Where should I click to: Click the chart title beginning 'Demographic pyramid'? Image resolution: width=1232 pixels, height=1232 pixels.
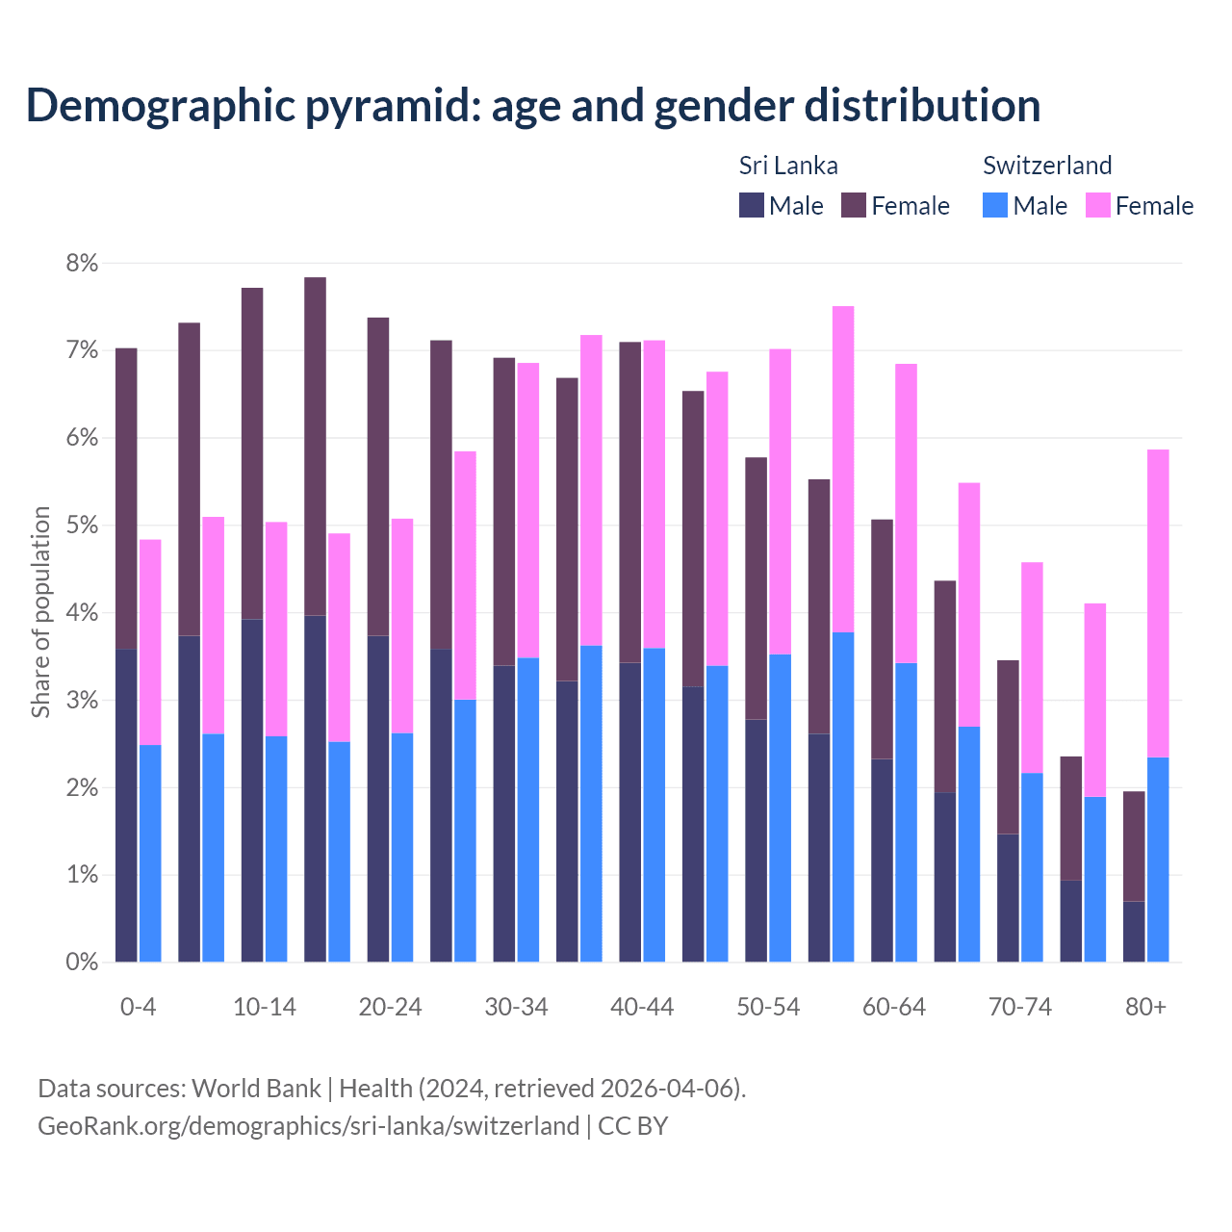[x=532, y=106]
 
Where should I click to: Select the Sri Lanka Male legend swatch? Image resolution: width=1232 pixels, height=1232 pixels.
[x=752, y=205]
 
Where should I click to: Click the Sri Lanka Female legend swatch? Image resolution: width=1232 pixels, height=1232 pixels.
[x=854, y=205]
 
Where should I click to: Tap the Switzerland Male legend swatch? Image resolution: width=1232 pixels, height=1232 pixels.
[x=995, y=205]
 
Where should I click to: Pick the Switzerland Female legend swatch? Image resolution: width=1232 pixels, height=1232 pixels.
[x=1097, y=205]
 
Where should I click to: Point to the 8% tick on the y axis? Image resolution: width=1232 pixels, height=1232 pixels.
[x=82, y=263]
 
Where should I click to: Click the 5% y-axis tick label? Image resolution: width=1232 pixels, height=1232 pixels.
[x=82, y=526]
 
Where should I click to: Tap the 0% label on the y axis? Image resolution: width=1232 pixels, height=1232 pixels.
[x=82, y=962]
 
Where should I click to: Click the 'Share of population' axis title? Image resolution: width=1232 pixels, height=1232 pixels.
[x=40, y=612]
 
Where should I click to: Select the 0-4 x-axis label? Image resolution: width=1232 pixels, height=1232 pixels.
[x=138, y=1007]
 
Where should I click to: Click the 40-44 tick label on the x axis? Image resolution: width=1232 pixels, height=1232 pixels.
[x=642, y=1007]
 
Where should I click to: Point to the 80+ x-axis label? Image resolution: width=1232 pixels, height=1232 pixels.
[x=1145, y=1007]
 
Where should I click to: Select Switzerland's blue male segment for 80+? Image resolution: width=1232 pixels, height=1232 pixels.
[x=1158, y=860]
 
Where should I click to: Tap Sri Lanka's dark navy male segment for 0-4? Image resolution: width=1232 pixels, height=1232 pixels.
[x=126, y=806]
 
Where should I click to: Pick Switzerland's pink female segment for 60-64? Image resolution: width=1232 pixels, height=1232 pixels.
[x=906, y=513]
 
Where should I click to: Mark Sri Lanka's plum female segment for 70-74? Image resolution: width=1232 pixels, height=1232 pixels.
[x=1008, y=747]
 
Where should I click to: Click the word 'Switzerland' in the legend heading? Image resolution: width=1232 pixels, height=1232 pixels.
[x=1047, y=166]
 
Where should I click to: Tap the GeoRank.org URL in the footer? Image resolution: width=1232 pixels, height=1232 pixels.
[x=308, y=1125]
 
